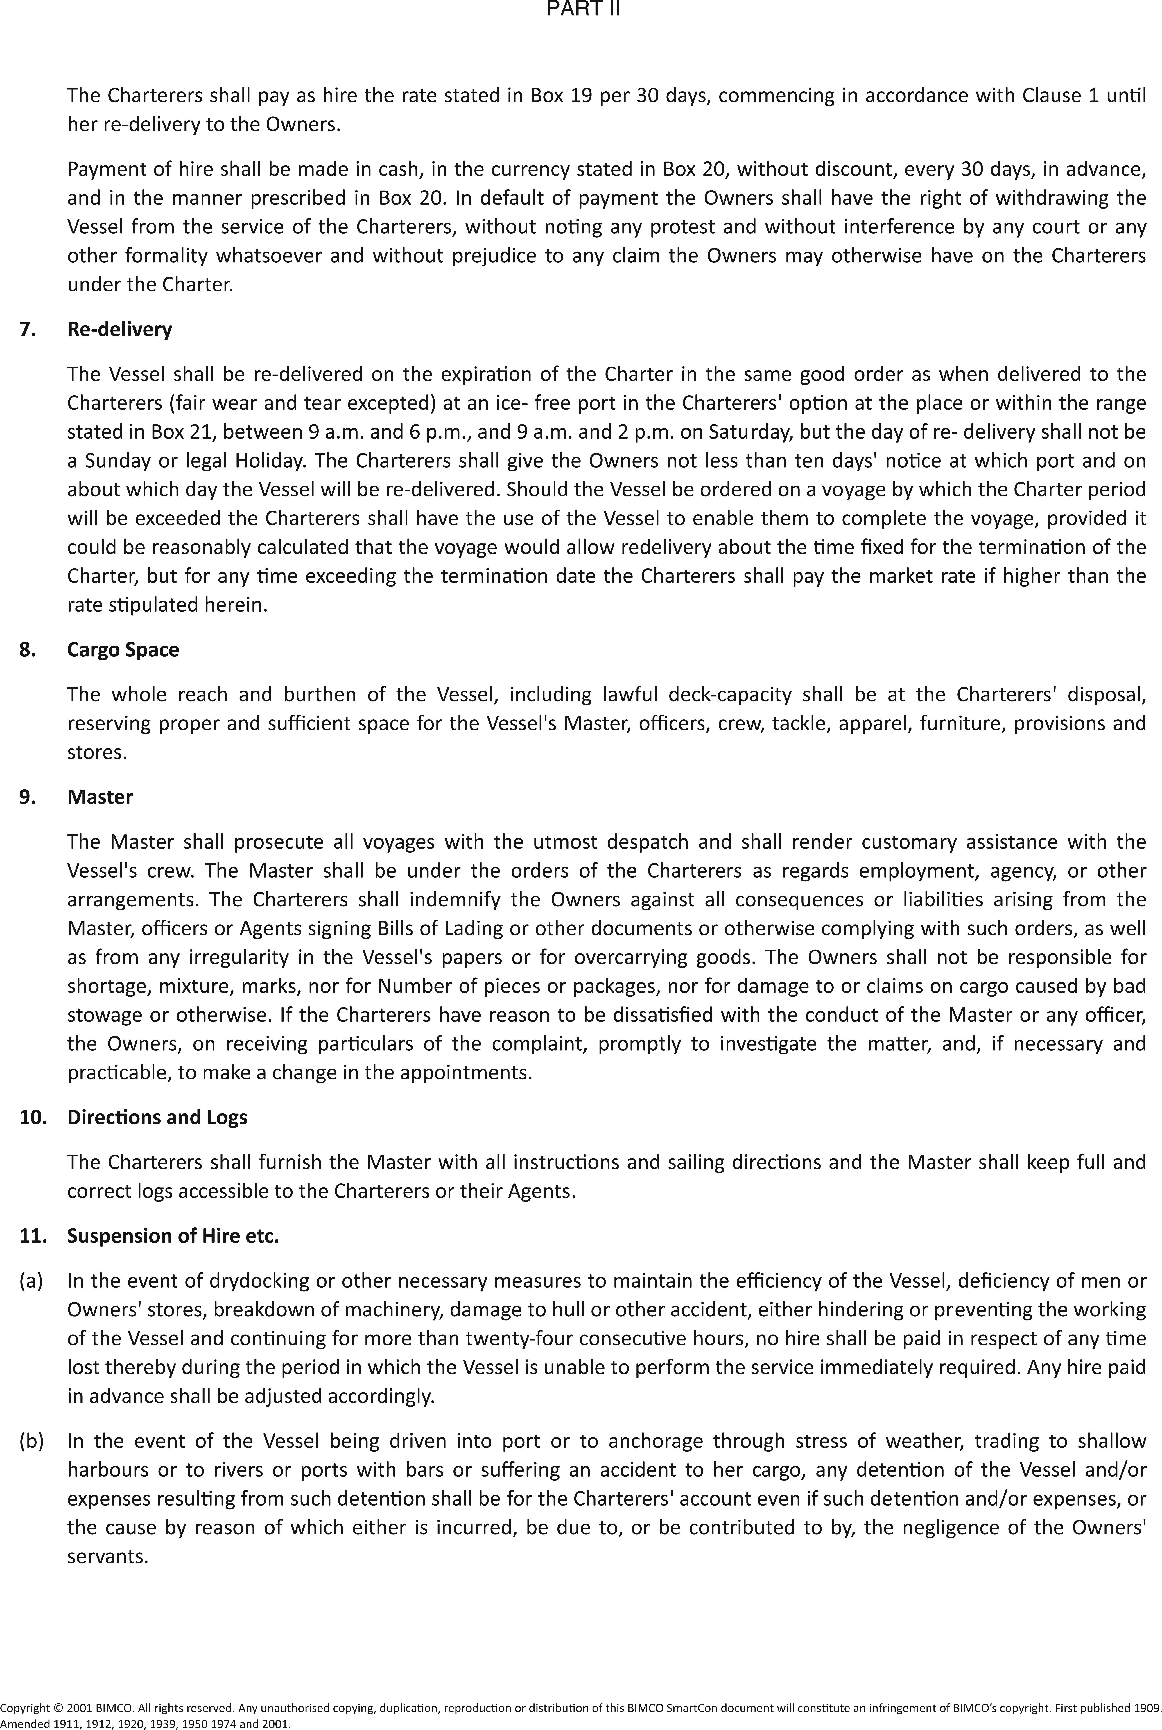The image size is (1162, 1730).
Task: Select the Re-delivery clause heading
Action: (x=119, y=330)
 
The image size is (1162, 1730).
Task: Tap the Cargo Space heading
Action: (x=123, y=650)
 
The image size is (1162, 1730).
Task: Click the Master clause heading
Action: (x=100, y=797)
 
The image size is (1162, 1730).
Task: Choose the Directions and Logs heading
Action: (x=157, y=1117)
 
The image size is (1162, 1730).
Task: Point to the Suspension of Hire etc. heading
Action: (x=173, y=1236)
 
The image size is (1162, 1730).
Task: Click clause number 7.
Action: (x=27, y=330)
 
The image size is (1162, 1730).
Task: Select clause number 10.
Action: (x=33, y=1117)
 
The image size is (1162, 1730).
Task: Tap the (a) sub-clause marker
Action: (x=31, y=1280)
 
